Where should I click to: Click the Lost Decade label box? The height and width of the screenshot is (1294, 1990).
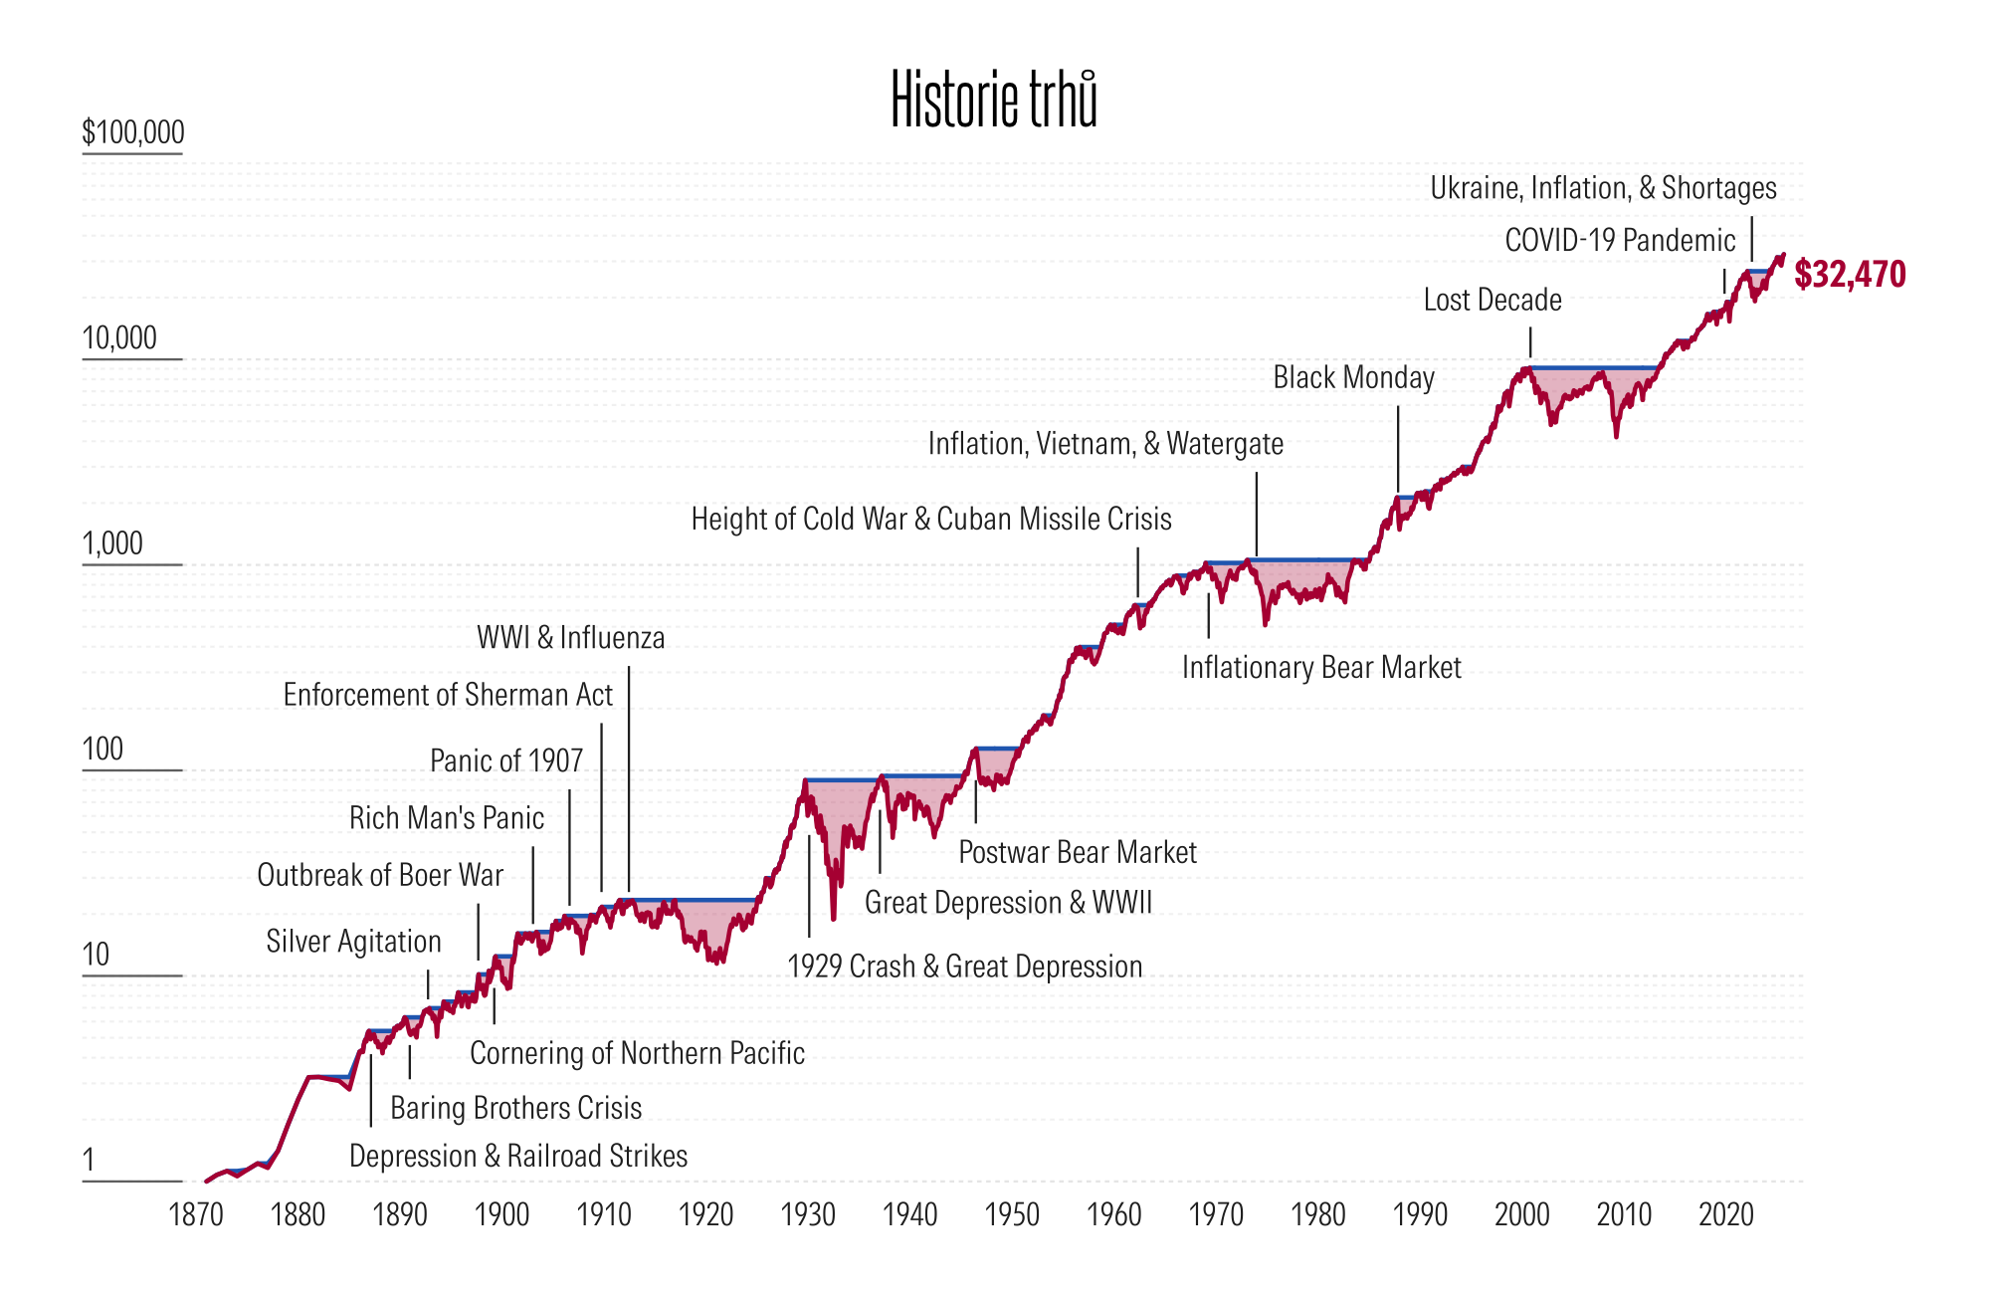1492,300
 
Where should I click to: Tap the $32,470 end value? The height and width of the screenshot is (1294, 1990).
1850,274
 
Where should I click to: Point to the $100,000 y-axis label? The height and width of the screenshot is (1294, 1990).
133,132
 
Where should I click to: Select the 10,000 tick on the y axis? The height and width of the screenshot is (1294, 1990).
119,338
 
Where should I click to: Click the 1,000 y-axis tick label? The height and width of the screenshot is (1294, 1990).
112,543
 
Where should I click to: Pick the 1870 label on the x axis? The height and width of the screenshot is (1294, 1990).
196,1214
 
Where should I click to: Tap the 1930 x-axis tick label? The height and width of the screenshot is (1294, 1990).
808,1214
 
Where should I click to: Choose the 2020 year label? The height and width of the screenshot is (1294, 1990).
1725,1214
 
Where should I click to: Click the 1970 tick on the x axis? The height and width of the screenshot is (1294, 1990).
1216,1214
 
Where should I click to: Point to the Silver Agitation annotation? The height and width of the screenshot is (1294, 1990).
353,942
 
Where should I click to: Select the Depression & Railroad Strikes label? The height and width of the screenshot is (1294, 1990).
518,1156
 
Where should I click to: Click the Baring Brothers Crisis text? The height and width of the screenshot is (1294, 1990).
515,1107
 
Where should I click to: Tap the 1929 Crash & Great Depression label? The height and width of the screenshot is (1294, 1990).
964,966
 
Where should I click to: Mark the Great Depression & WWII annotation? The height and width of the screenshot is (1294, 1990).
1008,902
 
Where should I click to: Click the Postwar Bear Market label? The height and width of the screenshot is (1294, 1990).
1078,852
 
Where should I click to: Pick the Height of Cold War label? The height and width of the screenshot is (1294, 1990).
931,519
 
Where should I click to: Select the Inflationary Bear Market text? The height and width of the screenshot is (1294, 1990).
1321,666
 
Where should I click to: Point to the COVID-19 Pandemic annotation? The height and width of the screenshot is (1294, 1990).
1620,240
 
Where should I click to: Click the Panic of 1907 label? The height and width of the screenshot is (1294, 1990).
506,760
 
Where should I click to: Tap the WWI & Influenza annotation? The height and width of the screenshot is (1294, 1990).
570,637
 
